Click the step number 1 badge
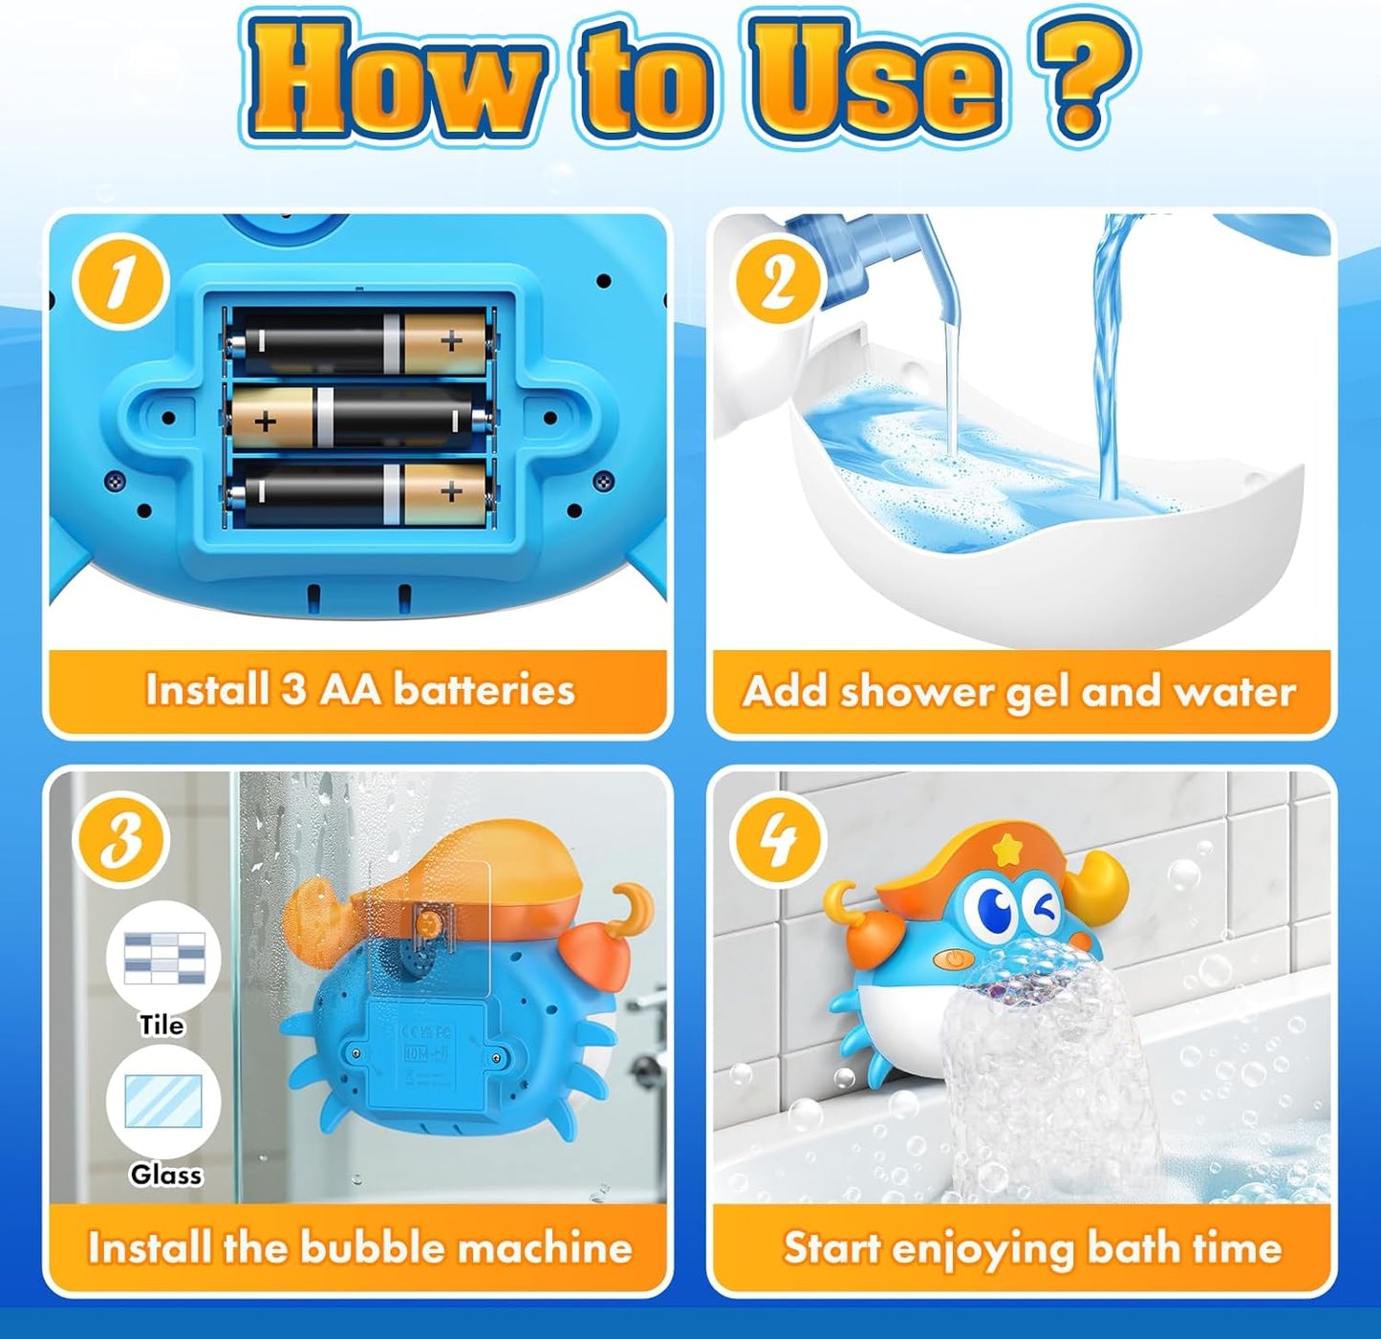click(121, 284)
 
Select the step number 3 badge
click(121, 839)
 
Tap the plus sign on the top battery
click(450, 340)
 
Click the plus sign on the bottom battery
click(450, 493)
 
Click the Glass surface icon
click(163, 1101)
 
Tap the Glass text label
click(166, 1174)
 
